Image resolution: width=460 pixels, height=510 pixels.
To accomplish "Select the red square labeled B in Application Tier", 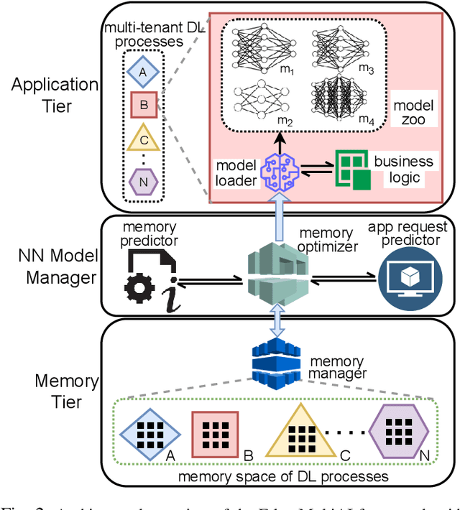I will click(144, 106).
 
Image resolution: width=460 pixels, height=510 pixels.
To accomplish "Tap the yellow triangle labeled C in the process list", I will click(144, 139).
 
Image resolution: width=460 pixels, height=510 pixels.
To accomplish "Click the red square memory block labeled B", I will click(215, 434).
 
